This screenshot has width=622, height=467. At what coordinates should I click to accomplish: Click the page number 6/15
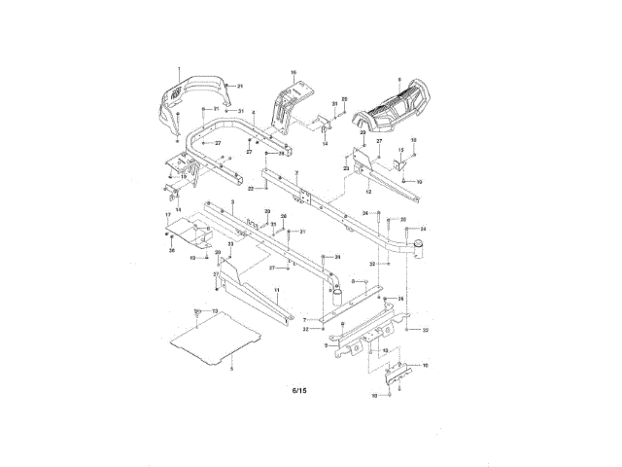(299, 391)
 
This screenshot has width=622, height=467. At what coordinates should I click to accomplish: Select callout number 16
(293, 72)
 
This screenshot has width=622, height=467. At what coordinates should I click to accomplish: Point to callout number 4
(254, 114)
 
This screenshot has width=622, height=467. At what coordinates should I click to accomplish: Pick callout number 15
(399, 149)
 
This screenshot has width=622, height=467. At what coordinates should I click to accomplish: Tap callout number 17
(167, 213)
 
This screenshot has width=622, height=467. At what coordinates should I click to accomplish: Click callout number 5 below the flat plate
(231, 369)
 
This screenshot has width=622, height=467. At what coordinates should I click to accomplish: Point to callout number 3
(233, 199)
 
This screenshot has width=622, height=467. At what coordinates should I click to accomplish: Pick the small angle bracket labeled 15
(397, 161)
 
